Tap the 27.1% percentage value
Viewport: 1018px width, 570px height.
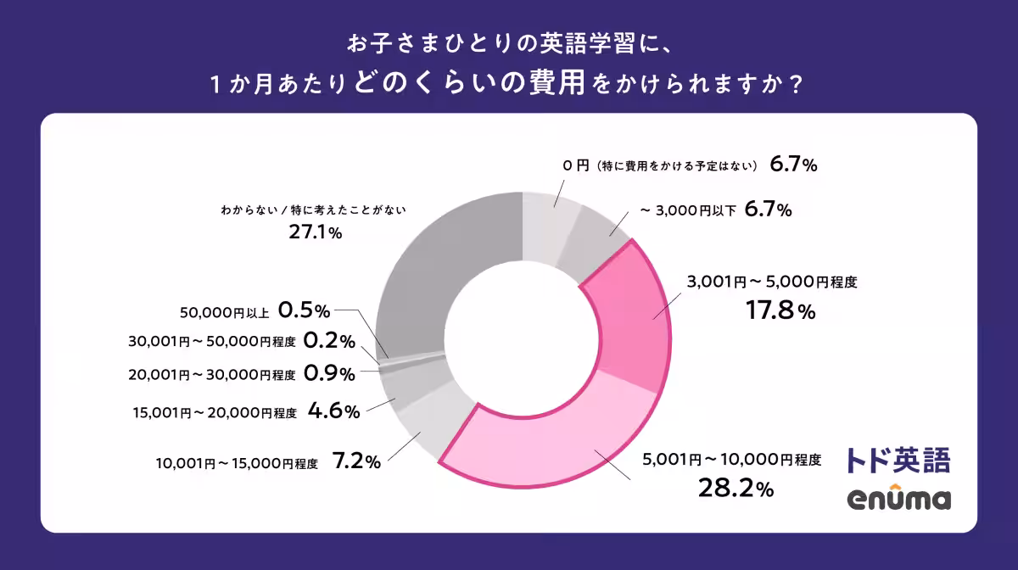315,232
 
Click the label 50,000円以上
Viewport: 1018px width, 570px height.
224,312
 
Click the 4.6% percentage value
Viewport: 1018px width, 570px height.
334,411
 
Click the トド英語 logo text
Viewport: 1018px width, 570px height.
898,459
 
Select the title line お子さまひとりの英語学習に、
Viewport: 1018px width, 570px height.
509,43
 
